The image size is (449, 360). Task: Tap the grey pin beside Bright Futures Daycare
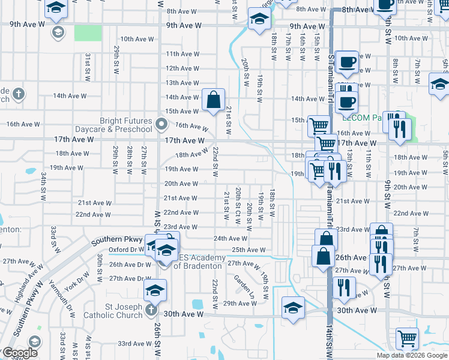161,125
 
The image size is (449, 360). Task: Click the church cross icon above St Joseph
151,310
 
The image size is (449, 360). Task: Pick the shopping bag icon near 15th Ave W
213,101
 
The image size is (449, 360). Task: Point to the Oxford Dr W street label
127,250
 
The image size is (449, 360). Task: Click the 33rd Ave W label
133,344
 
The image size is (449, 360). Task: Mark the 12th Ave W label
182,68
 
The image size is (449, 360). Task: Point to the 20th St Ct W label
238,206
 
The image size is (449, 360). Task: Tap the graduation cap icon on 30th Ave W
293,308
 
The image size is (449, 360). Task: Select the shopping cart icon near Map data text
406,338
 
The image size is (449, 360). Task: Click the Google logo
20,353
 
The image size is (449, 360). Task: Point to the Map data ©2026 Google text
411,355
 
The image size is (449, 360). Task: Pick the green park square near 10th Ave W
88,33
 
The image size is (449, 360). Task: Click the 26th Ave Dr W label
130,264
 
